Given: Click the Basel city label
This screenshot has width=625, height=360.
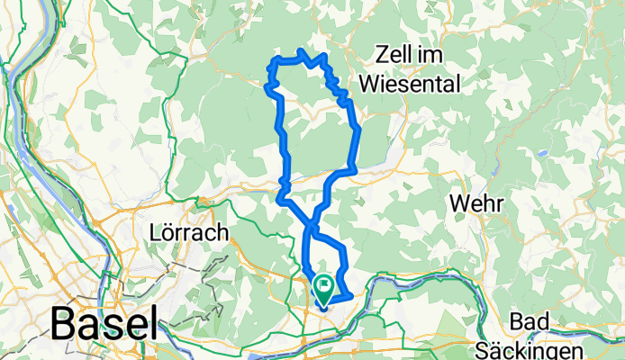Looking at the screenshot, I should [104, 322].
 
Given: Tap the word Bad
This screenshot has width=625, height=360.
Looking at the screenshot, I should [529, 321].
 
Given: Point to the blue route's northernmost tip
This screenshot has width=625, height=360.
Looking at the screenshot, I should [300, 51].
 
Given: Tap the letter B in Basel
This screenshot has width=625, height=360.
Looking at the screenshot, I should [64, 322].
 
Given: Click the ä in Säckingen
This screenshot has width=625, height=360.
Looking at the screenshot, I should [525, 347].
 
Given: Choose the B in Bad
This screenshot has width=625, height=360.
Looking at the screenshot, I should [515, 321].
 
